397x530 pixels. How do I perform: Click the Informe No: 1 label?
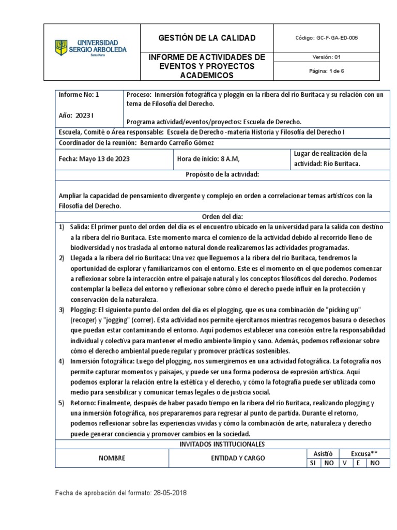click(79, 95)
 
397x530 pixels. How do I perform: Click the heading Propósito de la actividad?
click(222, 175)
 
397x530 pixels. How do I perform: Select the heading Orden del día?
click(222, 216)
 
